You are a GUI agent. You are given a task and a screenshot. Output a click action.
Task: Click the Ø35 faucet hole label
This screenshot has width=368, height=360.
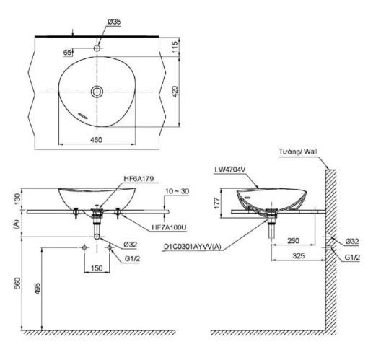[114, 22]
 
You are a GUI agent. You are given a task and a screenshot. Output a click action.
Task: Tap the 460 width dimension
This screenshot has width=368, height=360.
[96, 140]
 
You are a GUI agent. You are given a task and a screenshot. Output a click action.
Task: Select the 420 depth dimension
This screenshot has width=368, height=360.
[175, 92]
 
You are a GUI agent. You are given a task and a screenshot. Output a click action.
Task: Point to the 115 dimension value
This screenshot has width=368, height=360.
[175, 47]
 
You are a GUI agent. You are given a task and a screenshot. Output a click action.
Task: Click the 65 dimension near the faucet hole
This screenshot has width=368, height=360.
[68, 52]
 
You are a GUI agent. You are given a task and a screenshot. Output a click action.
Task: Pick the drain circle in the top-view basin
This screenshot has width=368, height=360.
[97, 92]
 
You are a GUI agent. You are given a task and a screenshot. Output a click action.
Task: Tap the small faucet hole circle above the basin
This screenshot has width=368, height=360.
[97, 48]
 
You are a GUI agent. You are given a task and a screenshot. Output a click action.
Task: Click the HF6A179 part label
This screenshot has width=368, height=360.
[139, 179]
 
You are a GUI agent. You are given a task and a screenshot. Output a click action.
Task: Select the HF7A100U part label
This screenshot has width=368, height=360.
[169, 227]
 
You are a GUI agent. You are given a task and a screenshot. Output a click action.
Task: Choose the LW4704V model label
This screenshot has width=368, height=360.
[230, 170]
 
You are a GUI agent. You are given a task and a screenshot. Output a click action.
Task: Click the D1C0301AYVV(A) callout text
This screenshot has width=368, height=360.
[193, 247]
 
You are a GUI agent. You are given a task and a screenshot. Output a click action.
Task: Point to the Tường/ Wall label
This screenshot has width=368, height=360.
[298, 152]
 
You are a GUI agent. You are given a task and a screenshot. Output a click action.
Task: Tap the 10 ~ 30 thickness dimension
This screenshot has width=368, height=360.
[177, 191]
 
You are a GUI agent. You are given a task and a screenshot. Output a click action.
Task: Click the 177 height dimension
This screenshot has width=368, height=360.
[216, 203]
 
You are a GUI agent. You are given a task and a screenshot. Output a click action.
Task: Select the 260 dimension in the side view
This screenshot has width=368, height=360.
[293, 240]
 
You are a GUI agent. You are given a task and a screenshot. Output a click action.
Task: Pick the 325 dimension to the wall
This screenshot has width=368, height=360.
[299, 256]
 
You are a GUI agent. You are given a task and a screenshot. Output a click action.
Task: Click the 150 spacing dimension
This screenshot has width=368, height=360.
[97, 268]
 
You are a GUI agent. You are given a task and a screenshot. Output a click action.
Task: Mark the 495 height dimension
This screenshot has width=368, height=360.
[38, 289]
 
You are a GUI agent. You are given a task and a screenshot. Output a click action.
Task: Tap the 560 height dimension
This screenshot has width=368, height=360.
[17, 284]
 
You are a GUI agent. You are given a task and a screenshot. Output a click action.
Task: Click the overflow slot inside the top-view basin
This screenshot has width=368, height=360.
[82, 115]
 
